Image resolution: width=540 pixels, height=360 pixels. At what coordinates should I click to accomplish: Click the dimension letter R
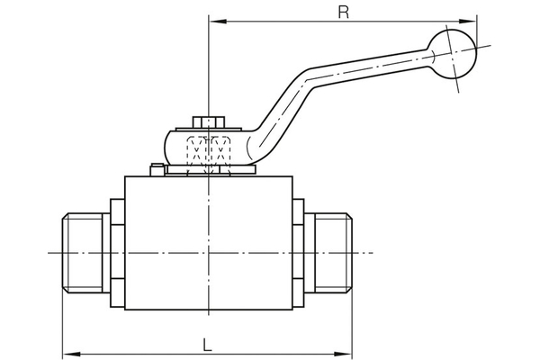coord(342,12)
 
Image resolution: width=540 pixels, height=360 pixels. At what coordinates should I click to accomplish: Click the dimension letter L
coord(207,343)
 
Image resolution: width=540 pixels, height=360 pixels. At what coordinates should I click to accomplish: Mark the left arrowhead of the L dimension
coord(67,352)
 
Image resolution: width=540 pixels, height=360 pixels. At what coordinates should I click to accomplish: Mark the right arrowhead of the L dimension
coord(346,352)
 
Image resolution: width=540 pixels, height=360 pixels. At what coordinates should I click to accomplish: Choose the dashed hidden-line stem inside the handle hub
coord(208,149)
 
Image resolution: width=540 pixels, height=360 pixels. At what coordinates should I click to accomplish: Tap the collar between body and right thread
coord(300,253)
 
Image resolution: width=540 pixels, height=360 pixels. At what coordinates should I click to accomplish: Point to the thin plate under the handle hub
coord(208,171)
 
